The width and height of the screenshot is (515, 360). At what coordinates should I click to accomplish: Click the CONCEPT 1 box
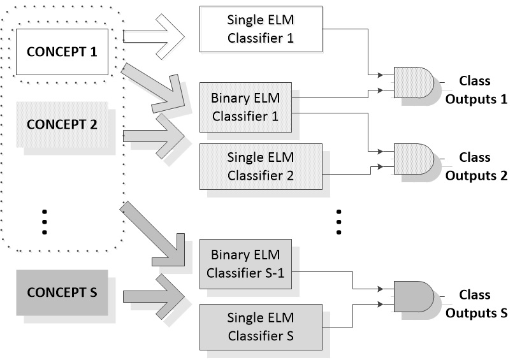[62, 51]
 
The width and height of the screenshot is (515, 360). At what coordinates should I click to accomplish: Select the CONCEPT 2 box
[62, 122]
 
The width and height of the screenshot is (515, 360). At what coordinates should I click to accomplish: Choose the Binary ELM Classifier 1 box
[245, 108]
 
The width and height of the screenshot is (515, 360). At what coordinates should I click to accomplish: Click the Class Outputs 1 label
[475, 90]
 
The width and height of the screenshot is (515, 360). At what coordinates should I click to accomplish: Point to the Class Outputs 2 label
[475, 166]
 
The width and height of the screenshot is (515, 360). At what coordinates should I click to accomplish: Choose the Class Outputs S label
[475, 304]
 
